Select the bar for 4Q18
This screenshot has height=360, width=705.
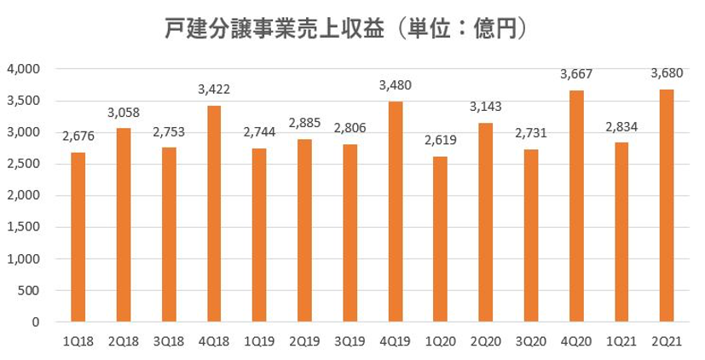pos(214,213)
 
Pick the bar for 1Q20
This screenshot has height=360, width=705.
pos(440,239)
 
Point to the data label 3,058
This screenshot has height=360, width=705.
pos(124,112)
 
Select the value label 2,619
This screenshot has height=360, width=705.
pos(440,139)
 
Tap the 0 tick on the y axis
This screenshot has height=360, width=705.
pos(38,322)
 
